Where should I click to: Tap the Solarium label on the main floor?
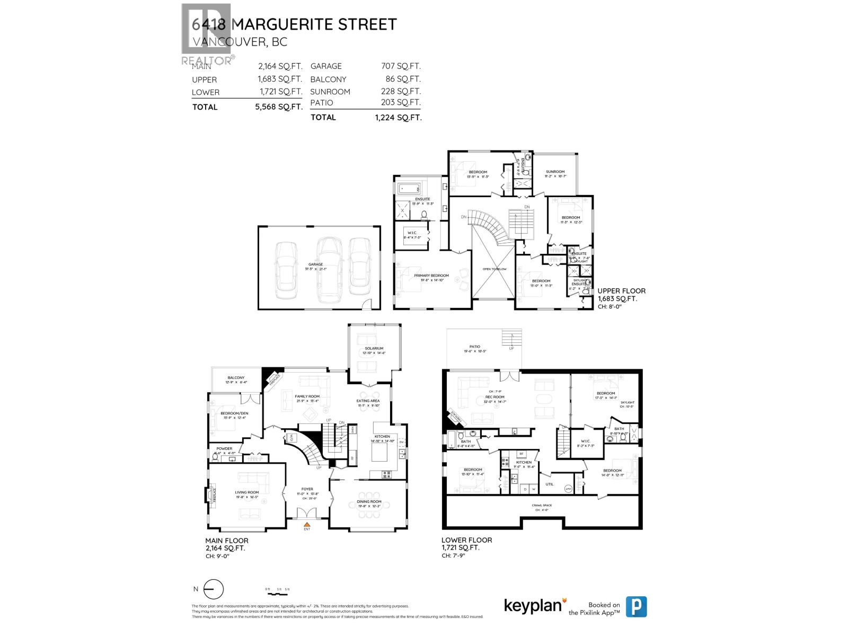tap(374, 349)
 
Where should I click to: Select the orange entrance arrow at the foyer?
tap(307, 524)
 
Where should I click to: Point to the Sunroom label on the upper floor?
tap(555, 172)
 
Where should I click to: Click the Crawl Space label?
tap(542, 505)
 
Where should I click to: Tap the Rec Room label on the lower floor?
tap(494, 397)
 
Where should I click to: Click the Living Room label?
tap(247, 492)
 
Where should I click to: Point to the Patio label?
tap(474, 347)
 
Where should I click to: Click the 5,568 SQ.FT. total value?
tap(278, 107)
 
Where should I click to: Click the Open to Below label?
tap(494, 269)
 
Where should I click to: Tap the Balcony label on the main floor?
tap(236, 378)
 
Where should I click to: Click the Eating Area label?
tap(368, 401)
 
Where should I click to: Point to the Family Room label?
tap(307, 396)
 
